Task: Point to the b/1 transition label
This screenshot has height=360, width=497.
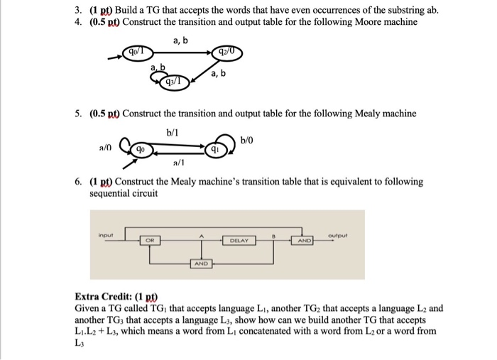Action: [173, 132]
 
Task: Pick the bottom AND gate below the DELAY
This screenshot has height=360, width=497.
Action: [202, 263]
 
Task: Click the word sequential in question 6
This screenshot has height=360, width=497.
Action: [110, 193]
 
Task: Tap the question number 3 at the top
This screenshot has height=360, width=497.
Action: [80, 10]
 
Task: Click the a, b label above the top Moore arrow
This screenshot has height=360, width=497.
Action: [180, 40]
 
